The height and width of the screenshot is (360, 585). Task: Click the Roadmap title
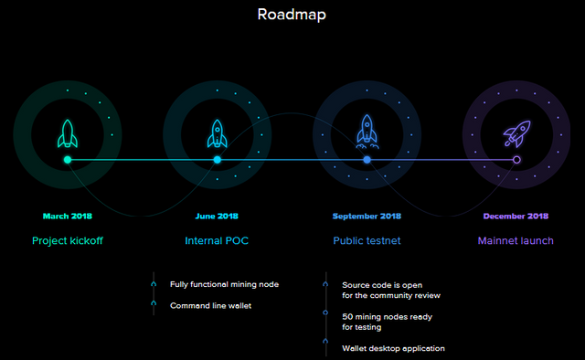[292, 15]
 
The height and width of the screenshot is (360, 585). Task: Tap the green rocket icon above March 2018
[68, 133]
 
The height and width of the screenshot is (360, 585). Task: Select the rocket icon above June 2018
[218, 133]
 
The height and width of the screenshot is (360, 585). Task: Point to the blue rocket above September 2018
[367, 132]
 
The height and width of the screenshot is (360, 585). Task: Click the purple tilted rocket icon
[516, 133]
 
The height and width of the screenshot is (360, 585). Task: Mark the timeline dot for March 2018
[68, 160]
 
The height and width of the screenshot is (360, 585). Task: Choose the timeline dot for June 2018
[218, 160]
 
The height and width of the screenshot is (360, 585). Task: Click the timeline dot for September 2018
[367, 160]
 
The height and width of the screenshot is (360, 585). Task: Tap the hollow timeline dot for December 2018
[516, 160]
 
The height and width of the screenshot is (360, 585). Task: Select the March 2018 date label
[68, 217]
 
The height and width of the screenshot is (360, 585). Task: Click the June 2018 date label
[217, 217]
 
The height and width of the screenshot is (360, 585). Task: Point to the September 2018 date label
[367, 217]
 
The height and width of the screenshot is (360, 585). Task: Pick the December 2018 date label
[516, 217]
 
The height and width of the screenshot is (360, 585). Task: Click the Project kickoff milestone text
[68, 241]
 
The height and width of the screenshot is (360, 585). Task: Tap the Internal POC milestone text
[217, 241]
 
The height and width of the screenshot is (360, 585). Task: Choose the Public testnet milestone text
[367, 241]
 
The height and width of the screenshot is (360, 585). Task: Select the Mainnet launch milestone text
[516, 241]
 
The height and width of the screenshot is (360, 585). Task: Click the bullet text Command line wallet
[210, 305]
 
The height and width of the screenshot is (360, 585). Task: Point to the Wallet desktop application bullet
[393, 348]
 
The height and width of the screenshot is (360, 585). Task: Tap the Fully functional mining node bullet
[224, 284]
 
